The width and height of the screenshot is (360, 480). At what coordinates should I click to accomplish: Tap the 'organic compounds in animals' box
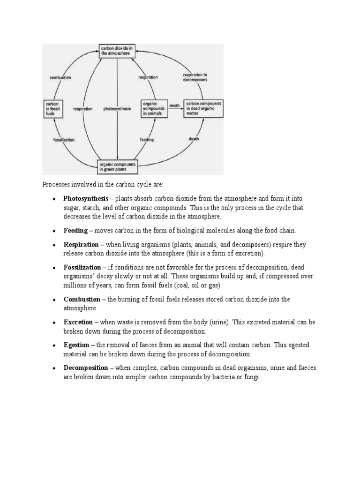coord(154,108)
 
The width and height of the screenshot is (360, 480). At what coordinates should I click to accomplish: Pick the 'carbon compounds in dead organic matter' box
coord(204,108)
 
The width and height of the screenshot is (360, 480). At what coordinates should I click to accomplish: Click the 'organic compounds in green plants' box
coord(118,166)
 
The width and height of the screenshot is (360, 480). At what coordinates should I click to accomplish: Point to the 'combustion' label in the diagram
coord(60,78)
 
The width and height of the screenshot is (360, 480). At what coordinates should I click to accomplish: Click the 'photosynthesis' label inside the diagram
coord(117,109)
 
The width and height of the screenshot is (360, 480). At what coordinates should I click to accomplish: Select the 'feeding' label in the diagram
coord(147,140)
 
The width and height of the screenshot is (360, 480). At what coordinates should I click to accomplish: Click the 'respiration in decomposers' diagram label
coord(195,77)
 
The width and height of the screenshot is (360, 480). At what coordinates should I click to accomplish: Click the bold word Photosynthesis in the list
coord(85,198)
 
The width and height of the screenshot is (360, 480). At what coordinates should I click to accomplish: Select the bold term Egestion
coord(76,345)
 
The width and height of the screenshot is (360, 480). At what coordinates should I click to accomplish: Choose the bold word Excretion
coord(78,322)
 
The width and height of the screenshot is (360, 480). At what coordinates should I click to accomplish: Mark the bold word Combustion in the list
coord(82,300)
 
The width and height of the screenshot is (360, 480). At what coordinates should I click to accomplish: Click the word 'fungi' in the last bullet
coord(250,377)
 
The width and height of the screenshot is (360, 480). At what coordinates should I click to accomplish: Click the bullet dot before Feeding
coord(54,231)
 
